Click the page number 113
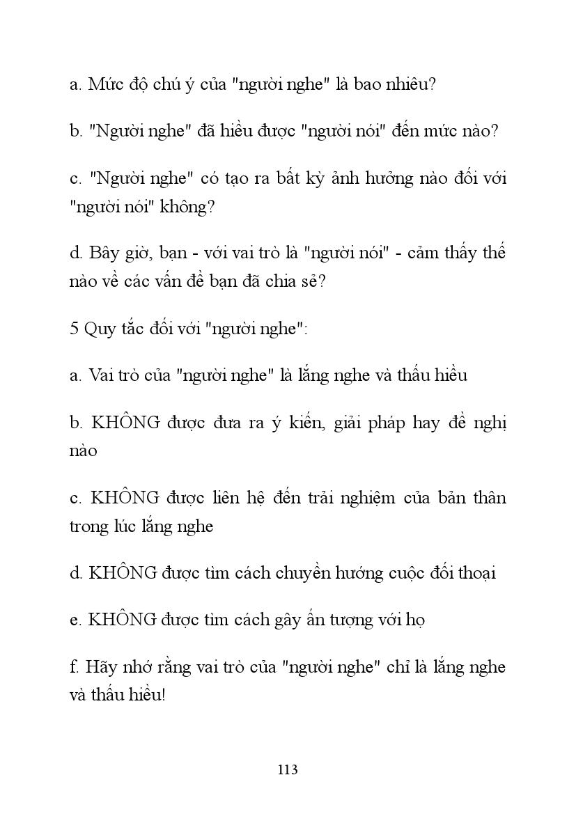(x=288, y=769)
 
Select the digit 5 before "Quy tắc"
(x=74, y=329)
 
